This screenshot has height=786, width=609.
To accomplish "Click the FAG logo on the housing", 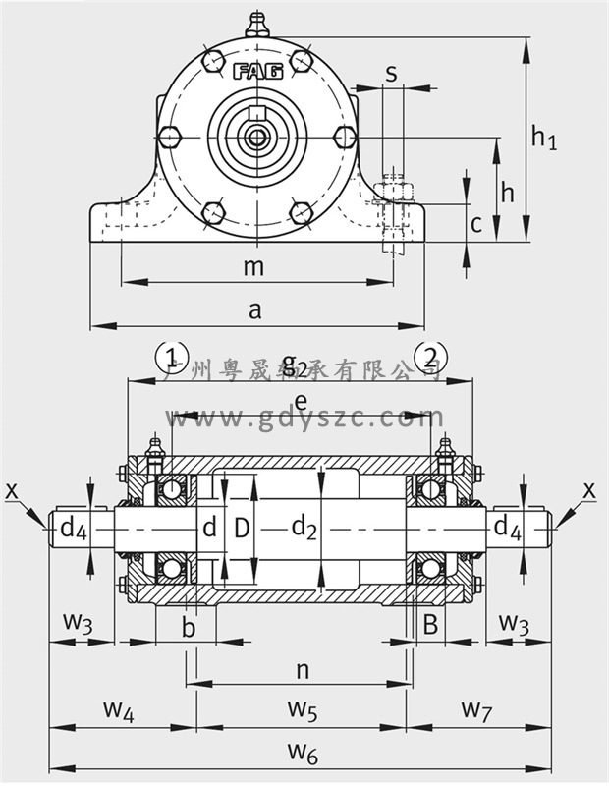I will click(x=258, y=71).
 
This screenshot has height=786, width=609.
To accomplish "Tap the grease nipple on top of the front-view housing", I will click(x=257, y=22).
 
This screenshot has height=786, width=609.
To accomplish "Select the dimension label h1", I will click(x=543, y=137).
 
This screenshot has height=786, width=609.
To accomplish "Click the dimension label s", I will click(x=391, y=72).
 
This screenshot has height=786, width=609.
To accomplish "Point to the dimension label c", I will click(x=475, y=224).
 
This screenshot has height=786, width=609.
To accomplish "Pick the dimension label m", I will click(x=254, y=266).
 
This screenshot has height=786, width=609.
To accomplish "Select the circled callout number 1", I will click(x=172, y=356).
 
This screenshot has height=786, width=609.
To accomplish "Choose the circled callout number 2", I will click(x=433, y=356).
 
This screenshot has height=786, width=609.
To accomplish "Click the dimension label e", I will click(x=301, y=400).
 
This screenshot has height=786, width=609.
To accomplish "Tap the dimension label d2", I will click(x=304, y=529).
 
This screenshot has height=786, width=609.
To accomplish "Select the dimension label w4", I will click(x=118, y=709).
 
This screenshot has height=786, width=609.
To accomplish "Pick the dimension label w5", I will click(x=302, y=709).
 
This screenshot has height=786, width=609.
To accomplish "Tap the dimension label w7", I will click(x=477, y=709).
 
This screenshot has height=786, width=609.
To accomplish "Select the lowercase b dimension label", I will click(x=190, y=628).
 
